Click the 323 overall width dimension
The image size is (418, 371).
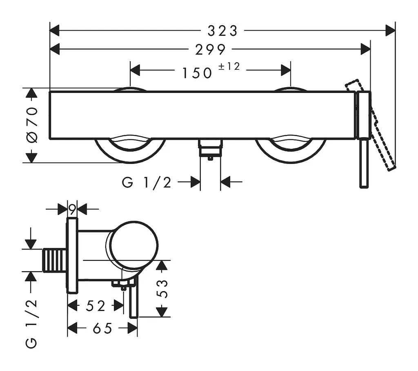(x=222, y=31)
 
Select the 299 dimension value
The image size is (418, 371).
(x=211, y=50)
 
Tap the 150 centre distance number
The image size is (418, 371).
(x=197, y=73)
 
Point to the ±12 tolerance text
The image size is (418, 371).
(x=229, y=66)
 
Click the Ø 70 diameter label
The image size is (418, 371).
(x=32, y=125)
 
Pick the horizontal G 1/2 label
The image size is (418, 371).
(x=147, y=183)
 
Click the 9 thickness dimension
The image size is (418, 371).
(x=72, y=209)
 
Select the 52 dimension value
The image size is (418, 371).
(x=96, y=306)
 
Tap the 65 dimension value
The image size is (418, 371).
(x=102, y=328)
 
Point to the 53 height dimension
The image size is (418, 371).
(x=162, y=289)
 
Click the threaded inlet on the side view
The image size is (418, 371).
(x=54, y=260)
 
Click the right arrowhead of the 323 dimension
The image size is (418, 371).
(x=390, y=31)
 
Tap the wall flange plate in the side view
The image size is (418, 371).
(x=72, y=255)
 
